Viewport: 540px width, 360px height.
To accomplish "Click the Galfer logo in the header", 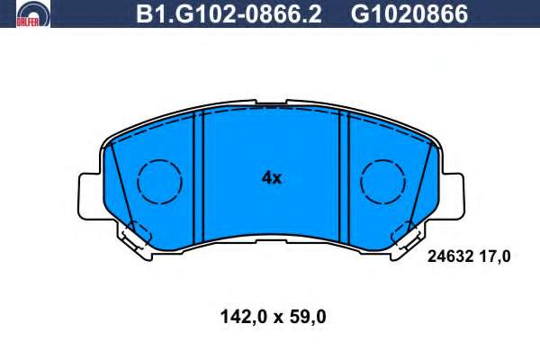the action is pos(33,13).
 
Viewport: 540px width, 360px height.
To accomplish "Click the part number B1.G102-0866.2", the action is pos(229,13).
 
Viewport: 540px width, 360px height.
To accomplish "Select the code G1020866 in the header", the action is pos(409,13).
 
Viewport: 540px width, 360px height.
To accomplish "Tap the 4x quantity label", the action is pos(272,178).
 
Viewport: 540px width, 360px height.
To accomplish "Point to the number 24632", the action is pos(449,256).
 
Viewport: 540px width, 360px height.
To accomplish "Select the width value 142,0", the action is pos(243,317).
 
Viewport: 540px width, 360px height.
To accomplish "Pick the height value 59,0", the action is pos(308,317).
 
